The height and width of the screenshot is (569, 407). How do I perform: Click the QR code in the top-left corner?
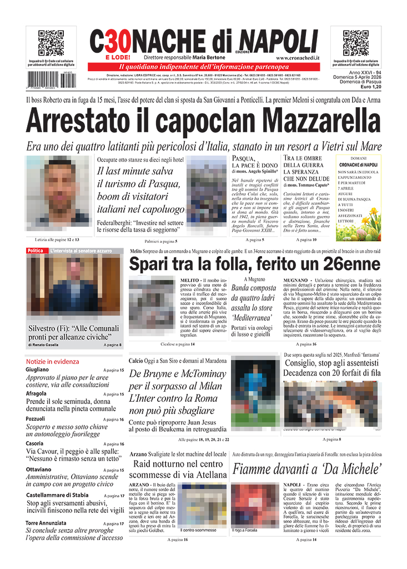tap(51, 43)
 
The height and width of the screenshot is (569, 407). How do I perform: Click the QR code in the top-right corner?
tap(356, 43)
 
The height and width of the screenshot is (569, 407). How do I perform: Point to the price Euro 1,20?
tap(370, 87)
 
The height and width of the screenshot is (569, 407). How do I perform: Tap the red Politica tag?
tap(36, 251)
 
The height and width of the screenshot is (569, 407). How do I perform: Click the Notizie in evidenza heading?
tap(53, 361)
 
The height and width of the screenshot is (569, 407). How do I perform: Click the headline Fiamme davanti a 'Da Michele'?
tap(306, 469)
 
